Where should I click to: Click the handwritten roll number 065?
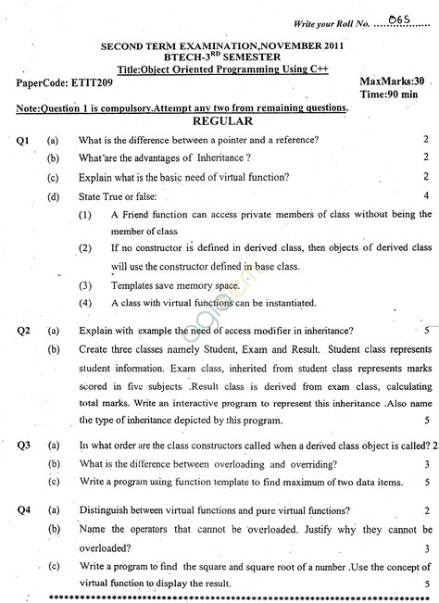(x=400, y=19)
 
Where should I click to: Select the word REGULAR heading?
(x=219, y=120)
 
